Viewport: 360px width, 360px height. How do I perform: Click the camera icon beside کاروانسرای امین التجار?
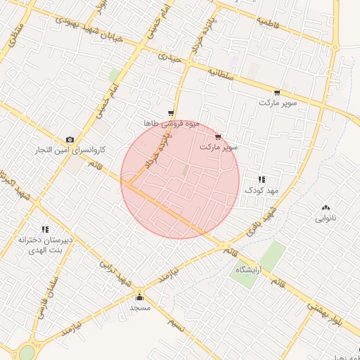pyautogui.click(x=70, y=139)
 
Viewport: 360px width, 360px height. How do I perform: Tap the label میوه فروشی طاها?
pyautogui.click(x=172, y=123)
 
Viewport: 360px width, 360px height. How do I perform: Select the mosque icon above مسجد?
pyautogui.click(x=139, y=296)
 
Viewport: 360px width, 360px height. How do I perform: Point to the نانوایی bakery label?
pyautogui.click(x=325, y=218)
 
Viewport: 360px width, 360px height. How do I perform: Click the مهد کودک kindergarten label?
pyautogui.click(x=262, y=191)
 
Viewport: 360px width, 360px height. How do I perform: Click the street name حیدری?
pyautogui.click(x=170, y=58)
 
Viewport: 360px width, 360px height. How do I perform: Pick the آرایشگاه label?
pyautogui.click(x=249, y=270)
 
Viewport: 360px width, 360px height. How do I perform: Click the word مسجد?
pyautogui.click(x=140, y=308)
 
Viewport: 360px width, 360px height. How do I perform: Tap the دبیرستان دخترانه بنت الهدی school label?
pyautogui.click(x=46, y=245)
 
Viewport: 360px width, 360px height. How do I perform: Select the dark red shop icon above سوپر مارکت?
pyautogui.click(x=218, y=136)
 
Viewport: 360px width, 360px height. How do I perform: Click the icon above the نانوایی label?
pyautogui.click(x=325, y=207)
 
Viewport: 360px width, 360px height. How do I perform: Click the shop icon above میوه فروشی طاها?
pyautogui.click(x=171, y=112)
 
